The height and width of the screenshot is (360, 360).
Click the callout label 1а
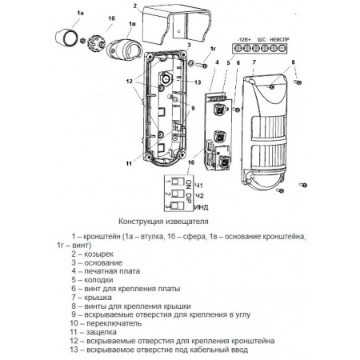(x=80, y=13)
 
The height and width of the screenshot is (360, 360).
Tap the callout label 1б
(x=112, y=18)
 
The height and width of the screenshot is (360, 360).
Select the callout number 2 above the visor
(x=135, y=6)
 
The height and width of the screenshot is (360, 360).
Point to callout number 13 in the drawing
(x=198, y=82)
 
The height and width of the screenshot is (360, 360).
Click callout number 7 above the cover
(x=254, y=62)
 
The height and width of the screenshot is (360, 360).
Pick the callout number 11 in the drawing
(x=129, y=163)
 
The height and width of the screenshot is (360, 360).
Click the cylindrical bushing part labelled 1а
(x=66, y=38)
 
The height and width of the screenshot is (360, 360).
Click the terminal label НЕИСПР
(x=279, y=39)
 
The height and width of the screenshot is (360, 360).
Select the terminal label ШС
(x=262, y=39)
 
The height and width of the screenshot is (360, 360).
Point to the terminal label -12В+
(x=244, y=39)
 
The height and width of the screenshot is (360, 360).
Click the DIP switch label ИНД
(x=202, y=207)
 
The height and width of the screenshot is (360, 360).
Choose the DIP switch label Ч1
(x=199, y=186)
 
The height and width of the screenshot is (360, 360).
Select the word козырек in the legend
(x=99, y=254)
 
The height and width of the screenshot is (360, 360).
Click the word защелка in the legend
(x=101, y=332)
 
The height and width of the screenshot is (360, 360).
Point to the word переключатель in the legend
(x=114, y=323)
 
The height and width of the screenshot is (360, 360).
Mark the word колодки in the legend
(x=98, y=280)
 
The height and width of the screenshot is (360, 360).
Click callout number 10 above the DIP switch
(x=191, y=162)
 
